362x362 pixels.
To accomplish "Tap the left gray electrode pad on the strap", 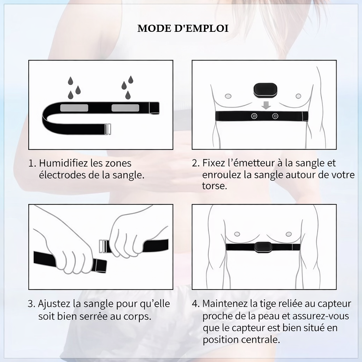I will click(74, 108).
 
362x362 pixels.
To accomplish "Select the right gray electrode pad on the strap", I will click(125, 108).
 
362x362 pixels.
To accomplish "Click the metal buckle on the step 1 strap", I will click(107, 129).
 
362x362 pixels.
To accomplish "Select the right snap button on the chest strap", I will click(275, 116).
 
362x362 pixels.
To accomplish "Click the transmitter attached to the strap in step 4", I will click(263, 246).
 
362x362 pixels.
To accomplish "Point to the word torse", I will click(214, 186).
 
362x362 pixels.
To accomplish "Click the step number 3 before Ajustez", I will click(31, 304).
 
